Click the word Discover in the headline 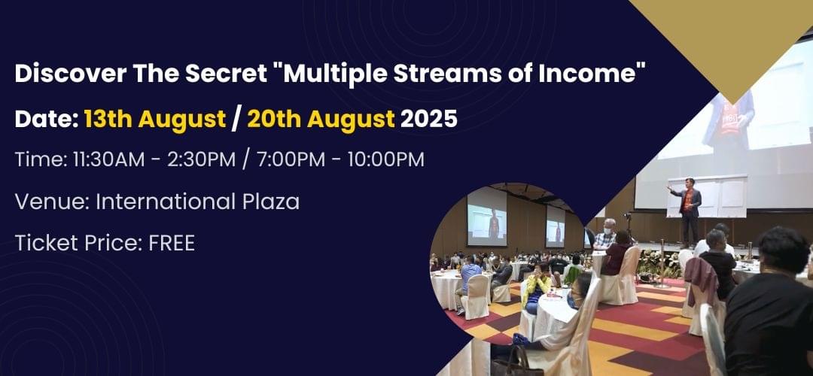click(x=70, y=74)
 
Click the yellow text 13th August click(x=155, y=120)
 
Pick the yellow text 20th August click(x=321, y=120)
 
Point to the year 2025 click(x=429, y=119)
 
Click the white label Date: click(x=47, y=119)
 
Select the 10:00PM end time click(x=385, y=159)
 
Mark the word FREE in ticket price click(x=172, y=243)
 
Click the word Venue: click(x=52, y=202)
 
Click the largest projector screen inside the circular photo click(x=486, y=217)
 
